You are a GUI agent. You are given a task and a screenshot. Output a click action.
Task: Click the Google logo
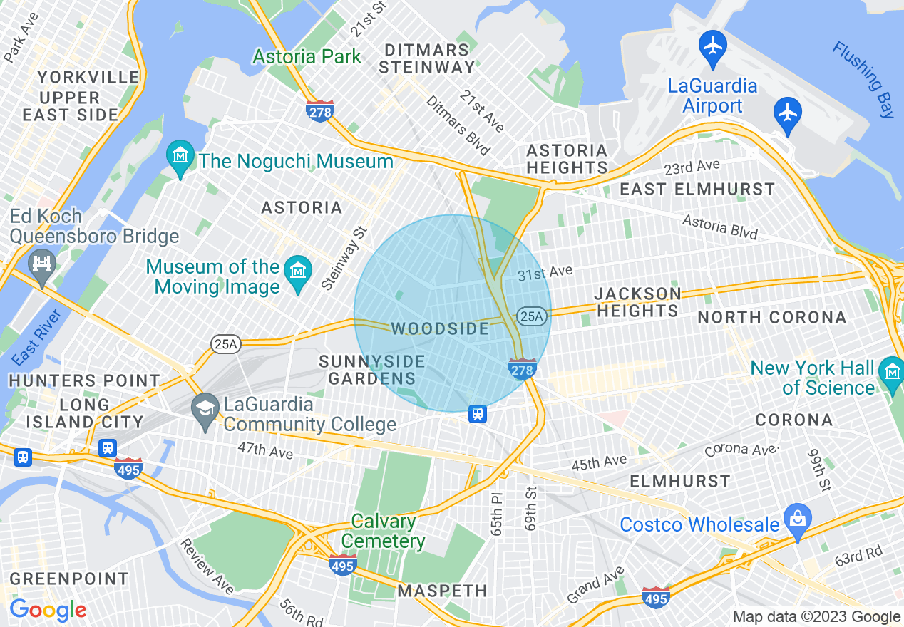(48, 610)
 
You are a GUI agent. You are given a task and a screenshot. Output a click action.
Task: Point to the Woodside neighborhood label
(440, 329)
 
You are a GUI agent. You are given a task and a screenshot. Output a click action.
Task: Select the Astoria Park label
(307, 56)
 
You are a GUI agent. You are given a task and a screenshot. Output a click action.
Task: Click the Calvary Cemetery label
(384, 531)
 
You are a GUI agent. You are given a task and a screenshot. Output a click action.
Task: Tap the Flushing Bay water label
(863, 79)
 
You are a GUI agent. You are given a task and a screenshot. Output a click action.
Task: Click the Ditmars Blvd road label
(458, 126)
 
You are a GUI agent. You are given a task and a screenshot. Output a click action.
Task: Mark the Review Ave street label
(207, 566)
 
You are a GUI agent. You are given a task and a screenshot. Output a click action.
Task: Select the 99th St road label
(818, 470)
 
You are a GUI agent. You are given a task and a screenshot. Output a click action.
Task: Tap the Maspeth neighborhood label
(442, 591)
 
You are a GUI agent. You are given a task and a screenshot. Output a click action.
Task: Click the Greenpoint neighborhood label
(69, 578)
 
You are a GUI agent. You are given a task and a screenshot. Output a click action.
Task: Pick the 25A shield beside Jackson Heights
(533, 316)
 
